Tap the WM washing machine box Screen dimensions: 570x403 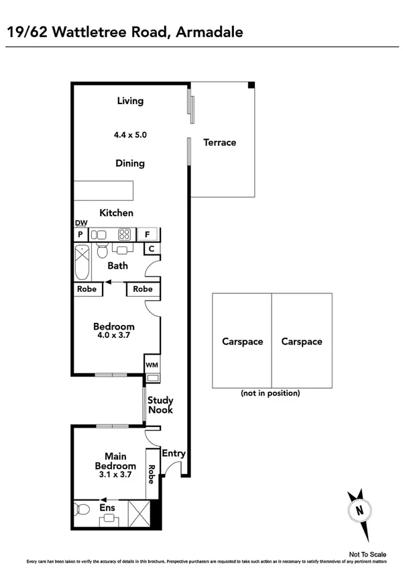point(152,365)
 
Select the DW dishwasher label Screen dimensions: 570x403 point(80,223)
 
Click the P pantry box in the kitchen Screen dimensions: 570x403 point(80,235)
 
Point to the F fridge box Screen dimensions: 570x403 point(148,235)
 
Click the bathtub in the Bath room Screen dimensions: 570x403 point(83,263)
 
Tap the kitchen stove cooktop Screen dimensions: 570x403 point(125,235)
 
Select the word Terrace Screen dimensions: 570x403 point(220,142)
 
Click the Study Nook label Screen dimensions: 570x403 point(161,405)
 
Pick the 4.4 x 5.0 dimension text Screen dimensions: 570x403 point(130,135)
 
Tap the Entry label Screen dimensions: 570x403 point(174,453)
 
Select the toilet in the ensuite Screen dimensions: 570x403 point(82,508)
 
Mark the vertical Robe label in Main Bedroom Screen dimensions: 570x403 point(152,475)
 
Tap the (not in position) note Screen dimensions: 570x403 point(270,393)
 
